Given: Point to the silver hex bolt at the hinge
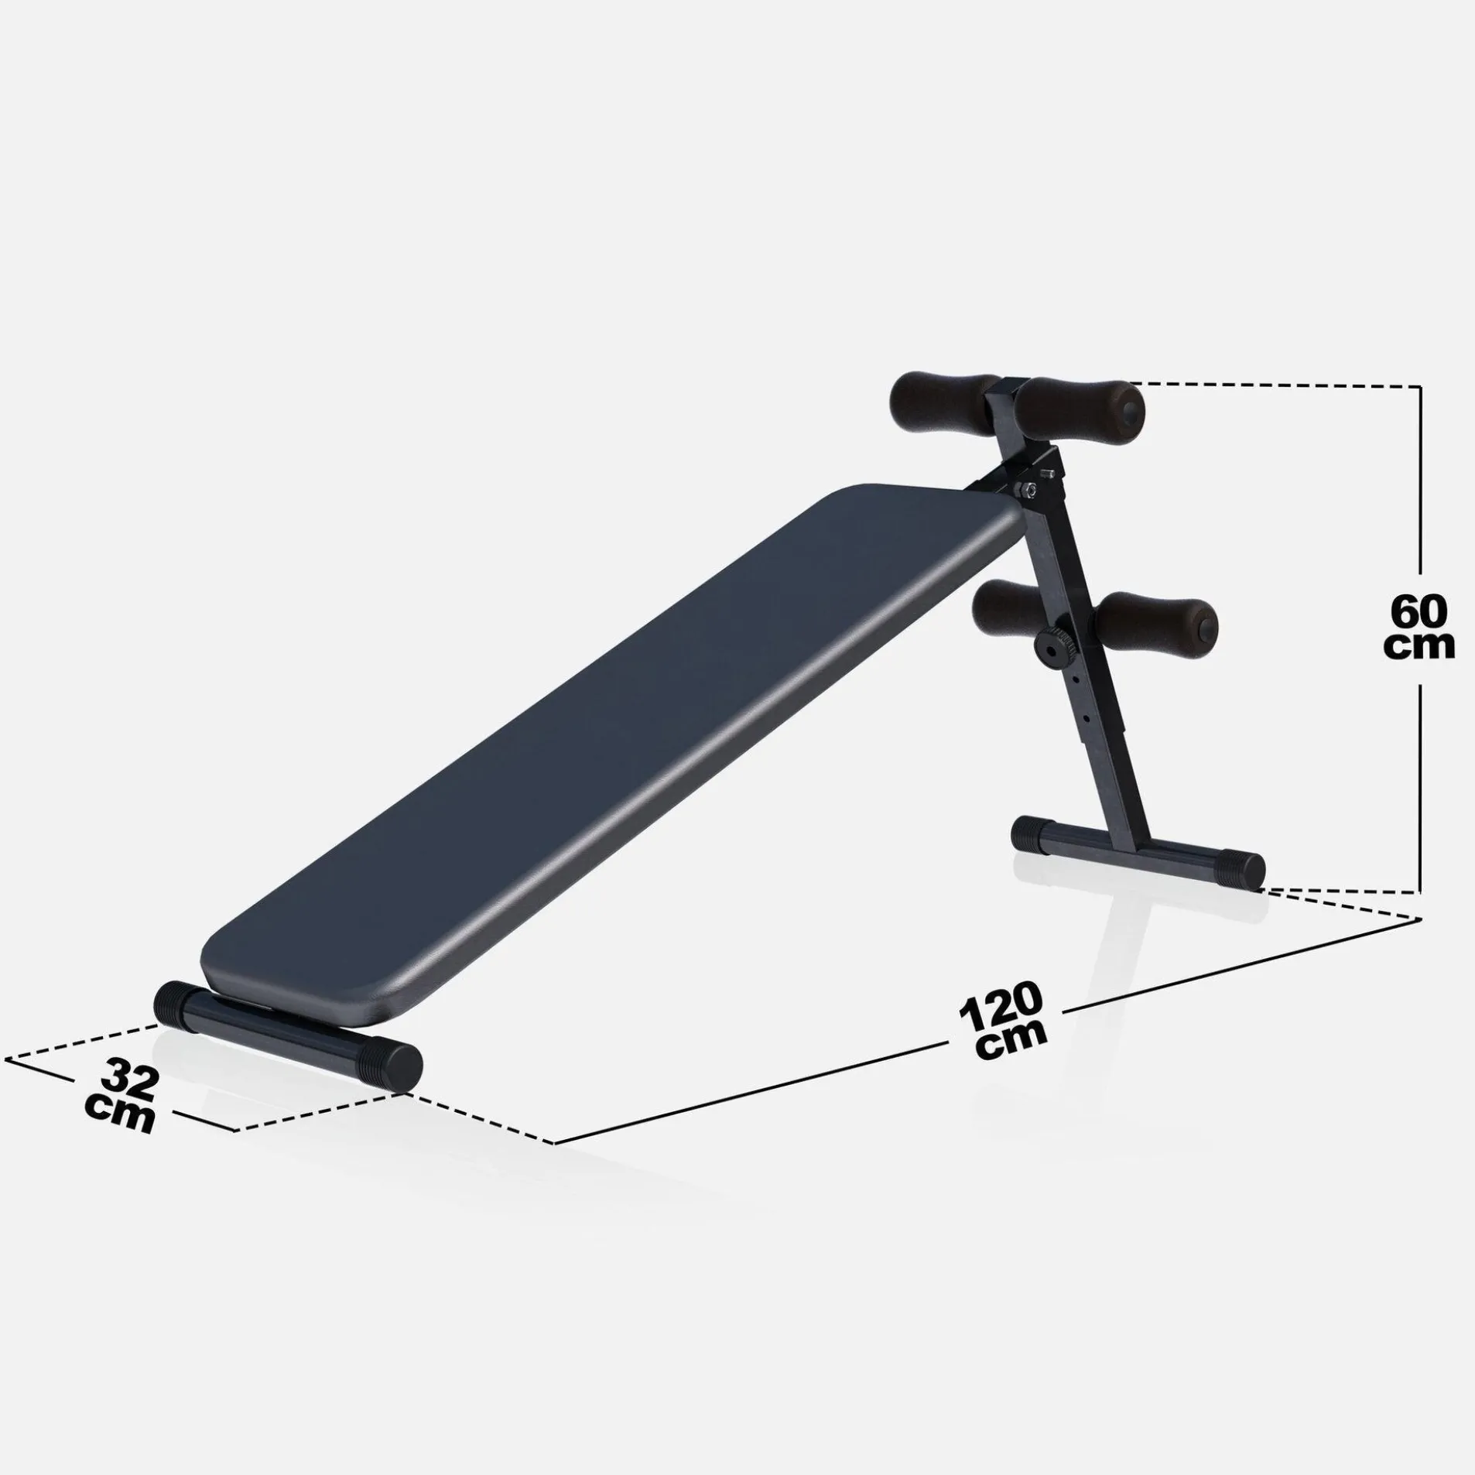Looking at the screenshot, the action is [1025, 488].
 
